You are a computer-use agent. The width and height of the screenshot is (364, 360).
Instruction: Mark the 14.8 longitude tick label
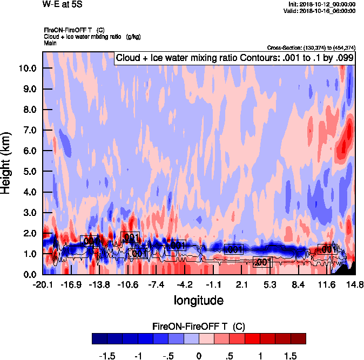pyautogui.click(x=354, y=284)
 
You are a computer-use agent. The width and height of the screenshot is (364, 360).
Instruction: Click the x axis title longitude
pyautogui.click(x=198, y=299)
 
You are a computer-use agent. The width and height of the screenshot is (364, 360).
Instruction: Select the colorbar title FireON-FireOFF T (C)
pyautogui.click(x=199, y=327)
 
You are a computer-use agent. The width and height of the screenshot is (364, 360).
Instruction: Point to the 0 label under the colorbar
pyautogui.click(x=199, y=356)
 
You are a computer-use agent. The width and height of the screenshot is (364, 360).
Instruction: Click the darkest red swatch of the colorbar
pyautogui.click(x=299, y=339)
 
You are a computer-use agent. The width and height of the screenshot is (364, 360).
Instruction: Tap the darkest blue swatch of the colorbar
pyautogui.click(x=99, y=339)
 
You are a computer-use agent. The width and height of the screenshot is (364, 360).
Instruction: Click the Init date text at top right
pyautogui.click(x=322, y=4)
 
